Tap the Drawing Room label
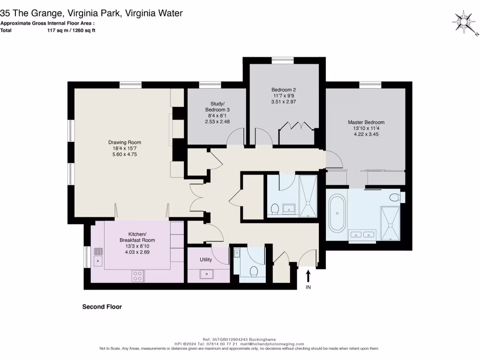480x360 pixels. coord(125,142)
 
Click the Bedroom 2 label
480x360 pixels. coord(284,90)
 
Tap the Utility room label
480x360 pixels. coord(206,260)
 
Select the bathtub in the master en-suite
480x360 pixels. coord(337,213)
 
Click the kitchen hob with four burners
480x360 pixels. coord(138,276)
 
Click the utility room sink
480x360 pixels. coord(207,273)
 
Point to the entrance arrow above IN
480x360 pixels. coord(308,275)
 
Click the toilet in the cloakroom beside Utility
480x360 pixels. coord(254,272)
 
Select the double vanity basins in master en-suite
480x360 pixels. coord(362,233)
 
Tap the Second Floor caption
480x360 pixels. coord(102,307)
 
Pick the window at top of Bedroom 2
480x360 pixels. coord(283,60)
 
